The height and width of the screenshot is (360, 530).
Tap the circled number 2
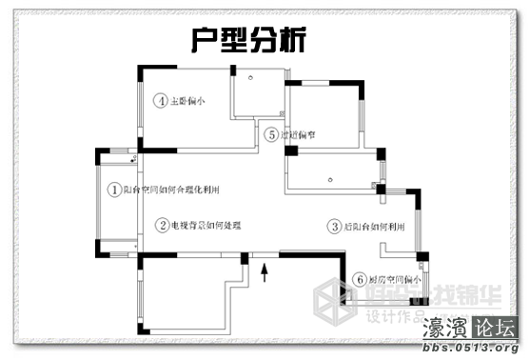(163, 225)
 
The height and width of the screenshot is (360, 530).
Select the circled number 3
(334, 227)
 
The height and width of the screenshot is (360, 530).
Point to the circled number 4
(162, 100)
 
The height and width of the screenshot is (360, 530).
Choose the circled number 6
(359, 280)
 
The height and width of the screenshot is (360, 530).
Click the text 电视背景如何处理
(206, 225)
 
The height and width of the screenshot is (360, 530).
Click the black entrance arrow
(265, 274)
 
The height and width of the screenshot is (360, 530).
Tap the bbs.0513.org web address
(472, 350)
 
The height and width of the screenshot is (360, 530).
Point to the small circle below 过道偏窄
(328, 176)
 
